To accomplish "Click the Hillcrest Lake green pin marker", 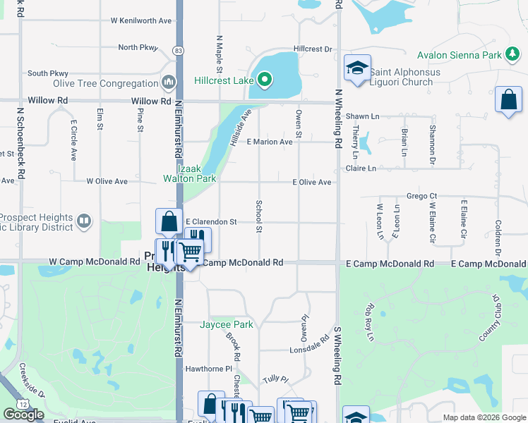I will point(265,80).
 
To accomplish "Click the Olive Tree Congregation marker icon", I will point(169,82).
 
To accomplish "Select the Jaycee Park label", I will point(226,324).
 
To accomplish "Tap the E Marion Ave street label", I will point(269,142).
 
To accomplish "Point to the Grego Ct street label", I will point(422,196).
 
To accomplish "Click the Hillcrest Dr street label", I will point(313,49).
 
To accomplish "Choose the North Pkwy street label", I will point(138,47).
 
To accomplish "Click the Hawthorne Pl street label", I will point(208,369).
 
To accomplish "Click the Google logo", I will point(23,415).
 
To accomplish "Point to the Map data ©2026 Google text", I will point(484,417).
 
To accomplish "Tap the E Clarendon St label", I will point(210,221).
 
